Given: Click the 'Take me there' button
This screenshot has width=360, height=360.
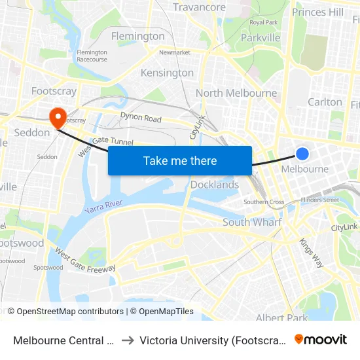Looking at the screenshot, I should click(180, 160).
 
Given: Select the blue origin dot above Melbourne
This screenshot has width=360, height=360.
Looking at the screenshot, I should click(302, 154).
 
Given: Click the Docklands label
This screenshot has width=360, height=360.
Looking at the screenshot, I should click(215, 185).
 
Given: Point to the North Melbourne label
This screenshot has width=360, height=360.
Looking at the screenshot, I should click(236, 93).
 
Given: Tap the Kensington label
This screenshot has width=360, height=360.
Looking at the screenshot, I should click(168, 73).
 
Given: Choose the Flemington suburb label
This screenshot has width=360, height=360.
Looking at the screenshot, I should click(137, 36).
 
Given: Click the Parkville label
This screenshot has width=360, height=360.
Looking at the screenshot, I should click(261, 38).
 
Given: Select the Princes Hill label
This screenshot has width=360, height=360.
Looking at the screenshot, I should click(317, 12).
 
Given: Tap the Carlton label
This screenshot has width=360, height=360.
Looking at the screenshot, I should click(325, 101).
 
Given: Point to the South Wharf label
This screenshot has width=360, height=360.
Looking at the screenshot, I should click(252, 223).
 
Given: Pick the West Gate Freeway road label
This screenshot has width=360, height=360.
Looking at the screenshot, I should click(85, 260).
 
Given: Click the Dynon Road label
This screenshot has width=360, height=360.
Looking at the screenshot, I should click(141, 118).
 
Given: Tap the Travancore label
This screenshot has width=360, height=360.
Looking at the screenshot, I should click(199, 7).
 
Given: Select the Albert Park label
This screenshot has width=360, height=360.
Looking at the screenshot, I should click(281, 318).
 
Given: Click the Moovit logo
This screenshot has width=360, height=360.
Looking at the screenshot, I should click(321, 339).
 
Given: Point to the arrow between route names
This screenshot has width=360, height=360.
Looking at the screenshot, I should click(128, 340).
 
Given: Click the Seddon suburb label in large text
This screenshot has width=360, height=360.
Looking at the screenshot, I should click(31, 133).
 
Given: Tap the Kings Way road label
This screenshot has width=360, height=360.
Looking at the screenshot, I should click(311, 251).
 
